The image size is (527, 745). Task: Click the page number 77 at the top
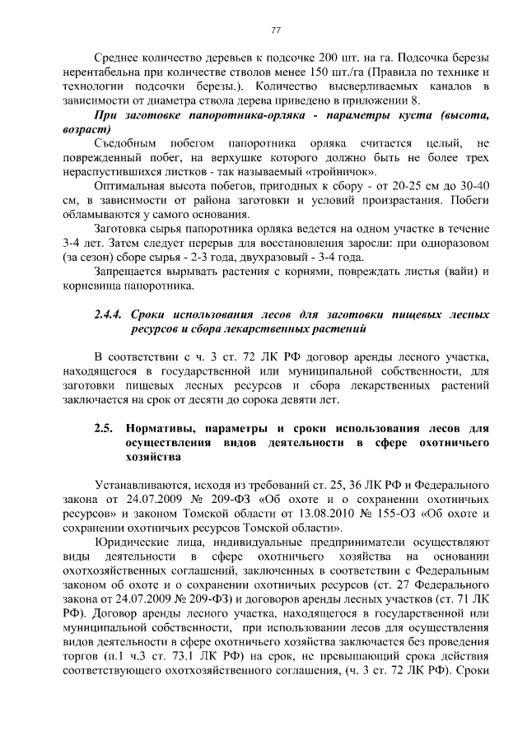(276, 30)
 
